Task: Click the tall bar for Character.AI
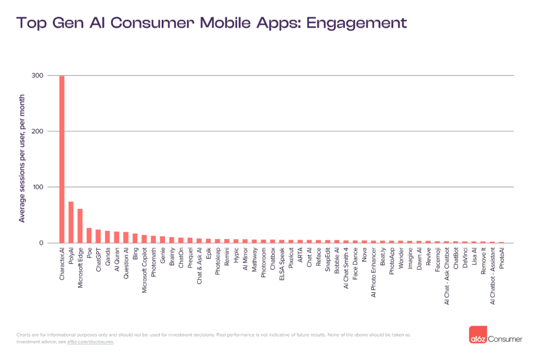pyautogui.click(x=62, y=160)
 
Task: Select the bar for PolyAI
pyautogui.click(x=71, y=223)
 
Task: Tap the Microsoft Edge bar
pyautogui.click(x=80, y=226)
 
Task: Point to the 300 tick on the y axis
pyautogui.click(x=38, y=75)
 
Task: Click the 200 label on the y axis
pyautogui.click(x=38, y=131)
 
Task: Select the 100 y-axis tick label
pyautogui.click(x=38, y=187)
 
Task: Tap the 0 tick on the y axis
pyautogui.click(x=41, y=243)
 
